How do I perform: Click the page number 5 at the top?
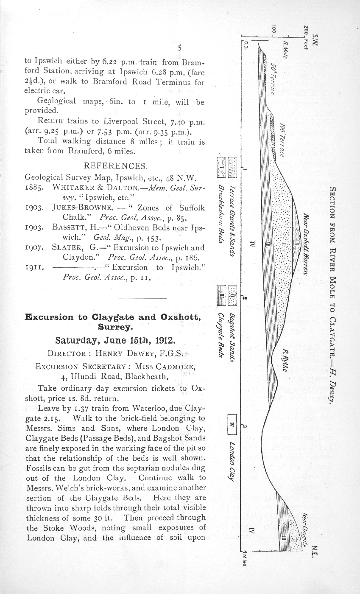(x=179, y=48)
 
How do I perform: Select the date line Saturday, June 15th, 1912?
(x=115, y=341)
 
